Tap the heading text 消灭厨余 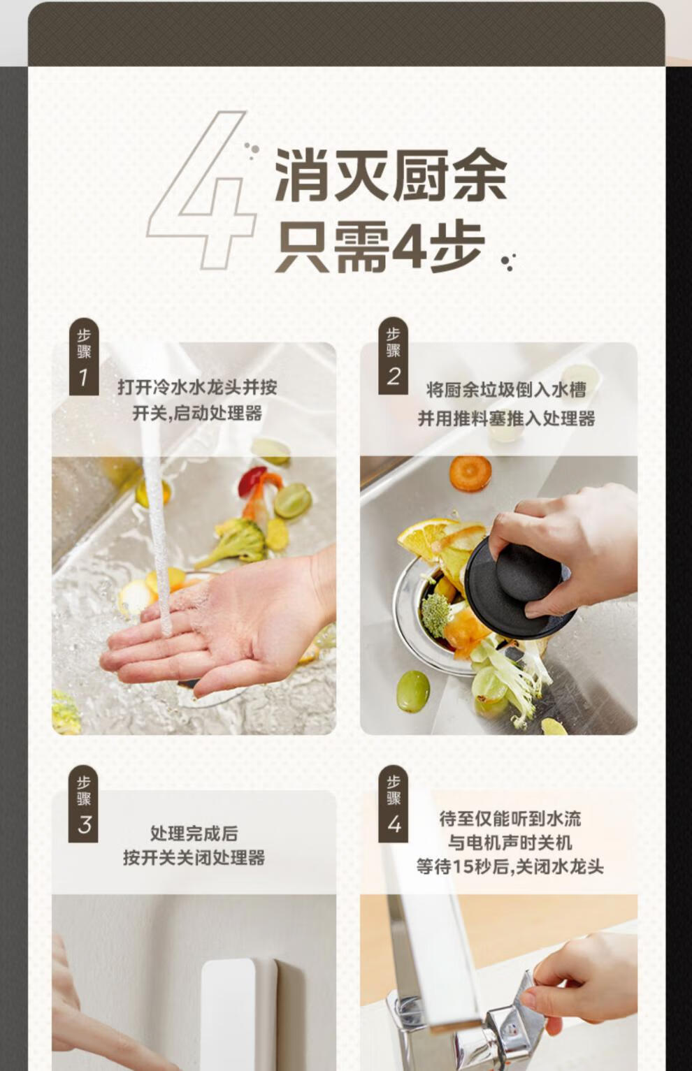coord(391,175)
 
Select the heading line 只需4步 coord(381,248)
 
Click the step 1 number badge coord(84,356)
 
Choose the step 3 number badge coord(84,804)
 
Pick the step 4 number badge coord(393,803)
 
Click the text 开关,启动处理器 coord(197,413)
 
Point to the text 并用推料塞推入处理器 coord(507,418)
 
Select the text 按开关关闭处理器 coord(194,857)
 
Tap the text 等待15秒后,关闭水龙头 coord(510,866)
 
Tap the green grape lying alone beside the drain coord(413,691)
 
